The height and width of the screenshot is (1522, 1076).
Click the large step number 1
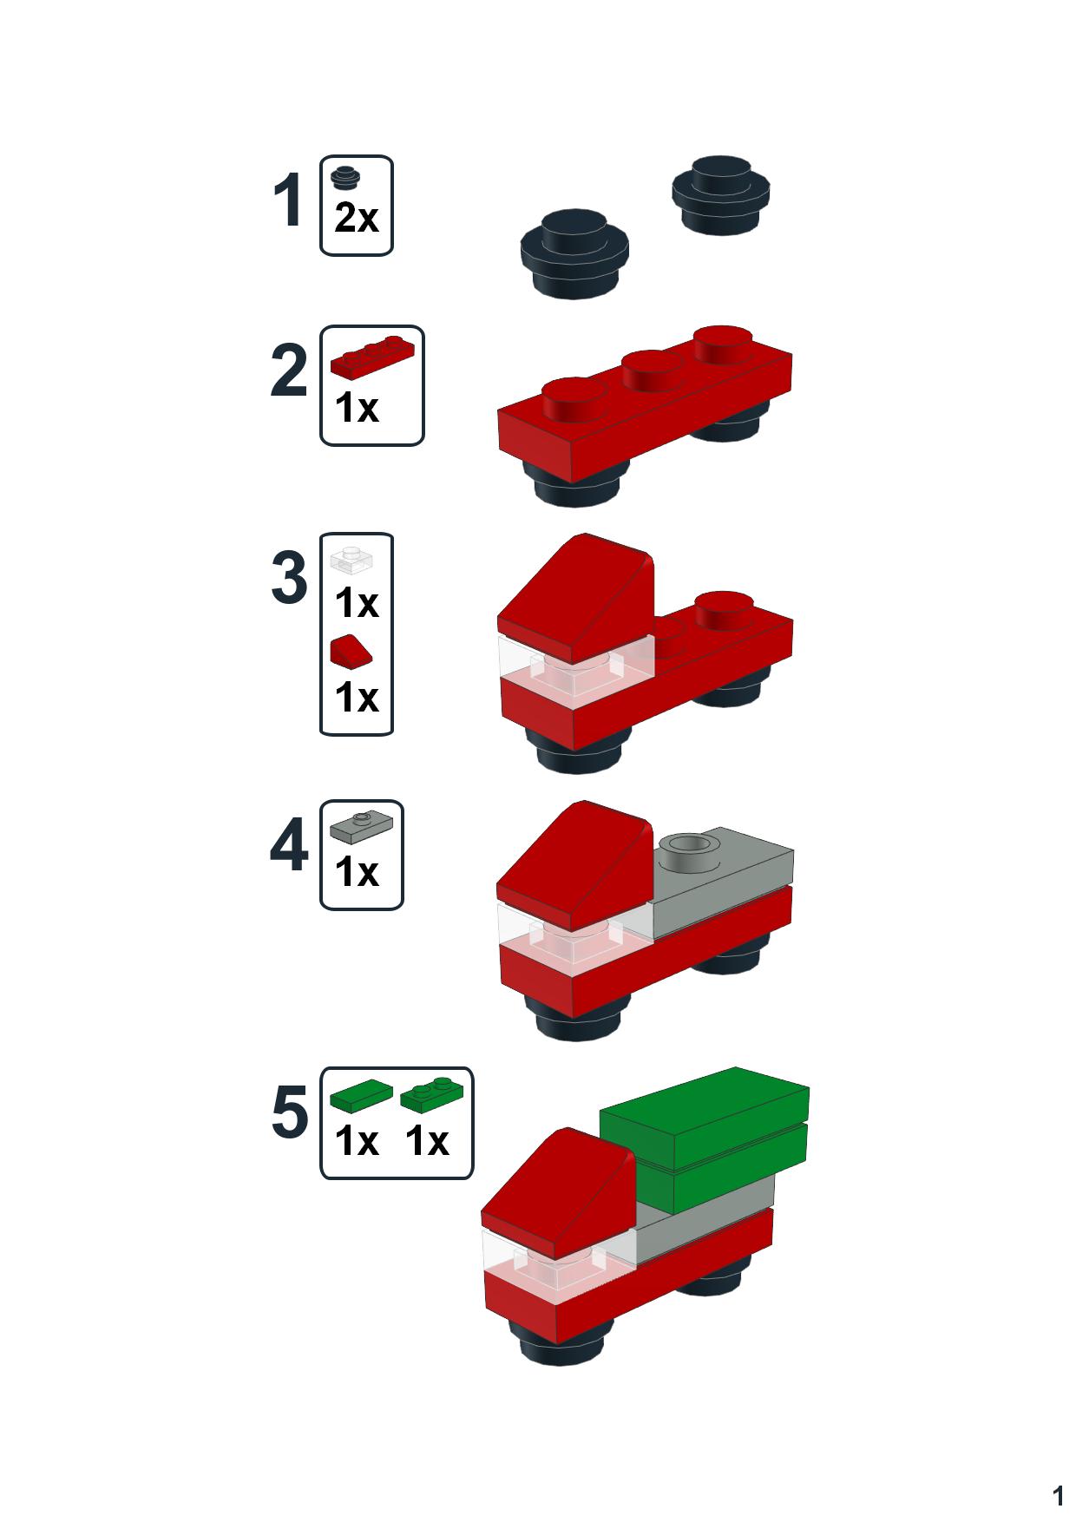288,201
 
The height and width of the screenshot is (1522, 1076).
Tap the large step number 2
289,372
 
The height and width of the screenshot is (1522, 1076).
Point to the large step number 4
289,846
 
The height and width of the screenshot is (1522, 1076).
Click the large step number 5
290,1113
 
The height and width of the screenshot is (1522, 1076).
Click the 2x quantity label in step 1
357,218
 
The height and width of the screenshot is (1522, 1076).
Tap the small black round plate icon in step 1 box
347,176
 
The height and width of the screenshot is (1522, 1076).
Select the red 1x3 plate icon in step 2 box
372,358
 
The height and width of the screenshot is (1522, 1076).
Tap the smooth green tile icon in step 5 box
361,1096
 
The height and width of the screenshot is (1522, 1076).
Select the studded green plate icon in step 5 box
431,1096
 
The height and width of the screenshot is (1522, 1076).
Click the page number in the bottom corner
1058,1496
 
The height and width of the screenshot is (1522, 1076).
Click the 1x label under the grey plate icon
357,872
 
